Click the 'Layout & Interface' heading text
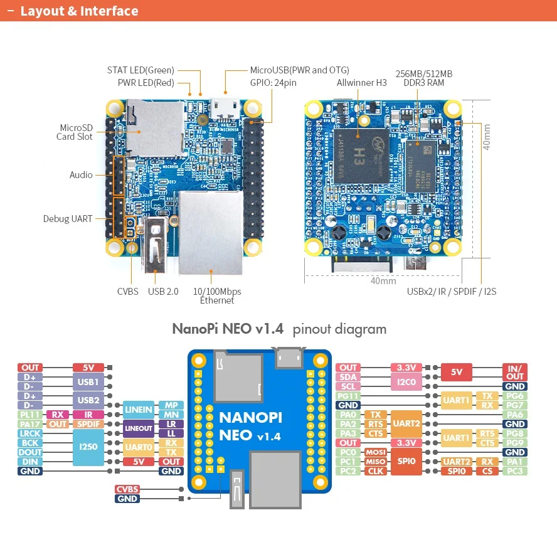[x=79, y=11]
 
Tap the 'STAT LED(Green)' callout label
[x=141, y=70]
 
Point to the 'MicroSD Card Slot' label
[x=76, y=132]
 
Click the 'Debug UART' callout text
[x=68, y=219]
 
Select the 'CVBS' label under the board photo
[x=128, y=292]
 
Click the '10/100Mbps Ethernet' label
[x=216, y=295]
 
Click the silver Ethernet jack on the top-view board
[x=211, y=232]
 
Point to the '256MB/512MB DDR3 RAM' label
[x=424, y=78]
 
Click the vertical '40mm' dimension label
[x=487, y=135]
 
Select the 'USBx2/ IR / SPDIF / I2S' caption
[x=452, y=292]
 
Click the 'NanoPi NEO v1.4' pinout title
[x=228, y=329]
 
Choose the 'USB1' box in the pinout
[x=88, y=381]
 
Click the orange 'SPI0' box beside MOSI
[x=406, y=461]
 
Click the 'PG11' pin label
[x=348, y=396]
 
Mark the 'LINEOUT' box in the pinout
[x=138, y=428]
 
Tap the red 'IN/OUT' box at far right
[x=515, y=372]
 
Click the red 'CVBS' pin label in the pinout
[x=127, y=489]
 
